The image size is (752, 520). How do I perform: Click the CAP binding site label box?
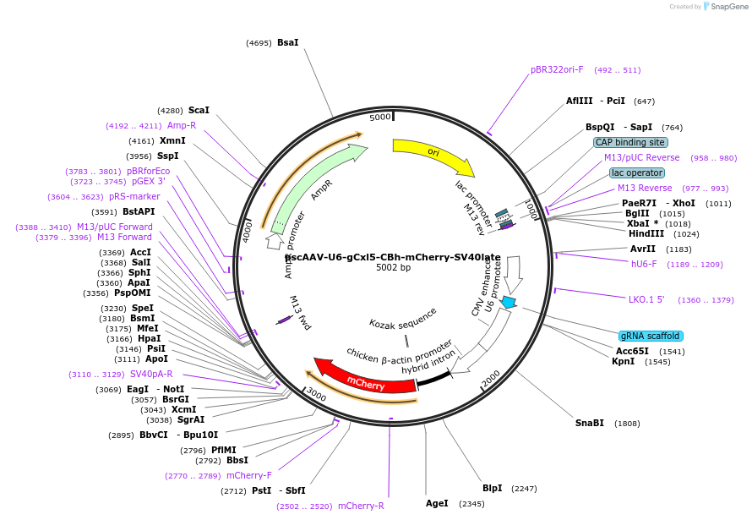pyautogui.click(x=629, y=142)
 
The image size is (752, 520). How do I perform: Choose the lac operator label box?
pyautogui.click(x=636, y=172)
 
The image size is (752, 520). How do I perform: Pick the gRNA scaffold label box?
pyautogui.click(x=651, y=336)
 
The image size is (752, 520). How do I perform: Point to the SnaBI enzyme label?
pyautogui.click(x=590, y=423)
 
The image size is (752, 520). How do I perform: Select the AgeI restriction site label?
pyautogui.click(x=437, y=503)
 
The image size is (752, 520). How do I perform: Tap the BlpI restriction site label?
pyautogui.click(x=493, y=488)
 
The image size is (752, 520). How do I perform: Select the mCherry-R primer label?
pyautogui.click(x=361, y=506)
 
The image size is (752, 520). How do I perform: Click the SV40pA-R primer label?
pyautogui.click(x=151, y=374)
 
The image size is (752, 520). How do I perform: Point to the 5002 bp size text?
pyautogui.click(x=394, y=268)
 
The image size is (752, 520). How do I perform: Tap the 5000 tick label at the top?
pyautogui.click(x=380, y=117)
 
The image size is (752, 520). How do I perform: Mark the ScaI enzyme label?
pyautogui.click(x=199, y=110)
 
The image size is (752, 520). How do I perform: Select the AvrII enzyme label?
pyautogui.click(x=643, y=249)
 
